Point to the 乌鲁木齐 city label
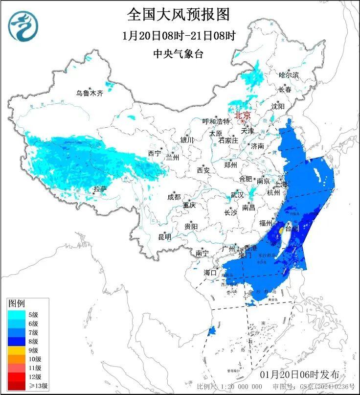pos(89,93)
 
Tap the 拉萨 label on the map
pos(100,189)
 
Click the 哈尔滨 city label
pos(289,75)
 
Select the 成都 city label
pos(174,197)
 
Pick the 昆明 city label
pos(164,237)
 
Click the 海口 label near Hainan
pos(210,272)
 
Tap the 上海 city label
pos(281,185)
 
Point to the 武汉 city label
pos(237,194)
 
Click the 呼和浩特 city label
pos(216,121)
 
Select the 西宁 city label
pos(155,153)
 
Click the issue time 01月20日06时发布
pos(299,374)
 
